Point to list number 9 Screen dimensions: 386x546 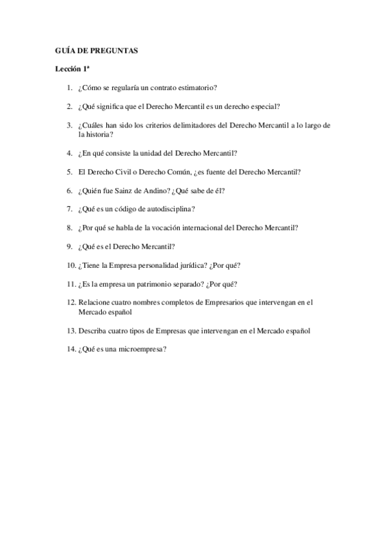point(69,246)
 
